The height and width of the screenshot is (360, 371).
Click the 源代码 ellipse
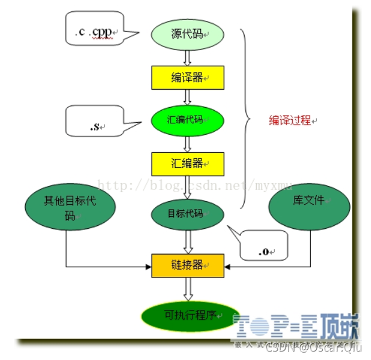pyautogui.click(x=187, y=35)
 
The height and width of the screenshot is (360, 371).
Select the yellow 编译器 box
pyautogui.click(x=187, y=78)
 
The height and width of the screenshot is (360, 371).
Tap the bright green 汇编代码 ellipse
pyautogui.click(x=187, y=120)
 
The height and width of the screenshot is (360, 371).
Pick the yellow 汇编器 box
pyautogui.click(x=187, y=163)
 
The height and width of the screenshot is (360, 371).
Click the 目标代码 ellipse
pyautogui.click(x=187, y=214)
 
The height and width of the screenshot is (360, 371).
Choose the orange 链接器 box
pyautogui.click(x=187, y=265)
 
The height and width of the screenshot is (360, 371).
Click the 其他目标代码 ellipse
pyautogui.click(x=69, y=208)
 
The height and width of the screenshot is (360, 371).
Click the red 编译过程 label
pyautogui.click(x=290, y=120)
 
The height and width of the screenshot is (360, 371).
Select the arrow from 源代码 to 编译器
pyautogui.click(x=187, y=57)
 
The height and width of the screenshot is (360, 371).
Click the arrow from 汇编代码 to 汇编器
pyautogui.click(x=187, y=142)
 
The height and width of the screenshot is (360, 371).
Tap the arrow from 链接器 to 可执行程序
pyautogui.click(x=187, y=290)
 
